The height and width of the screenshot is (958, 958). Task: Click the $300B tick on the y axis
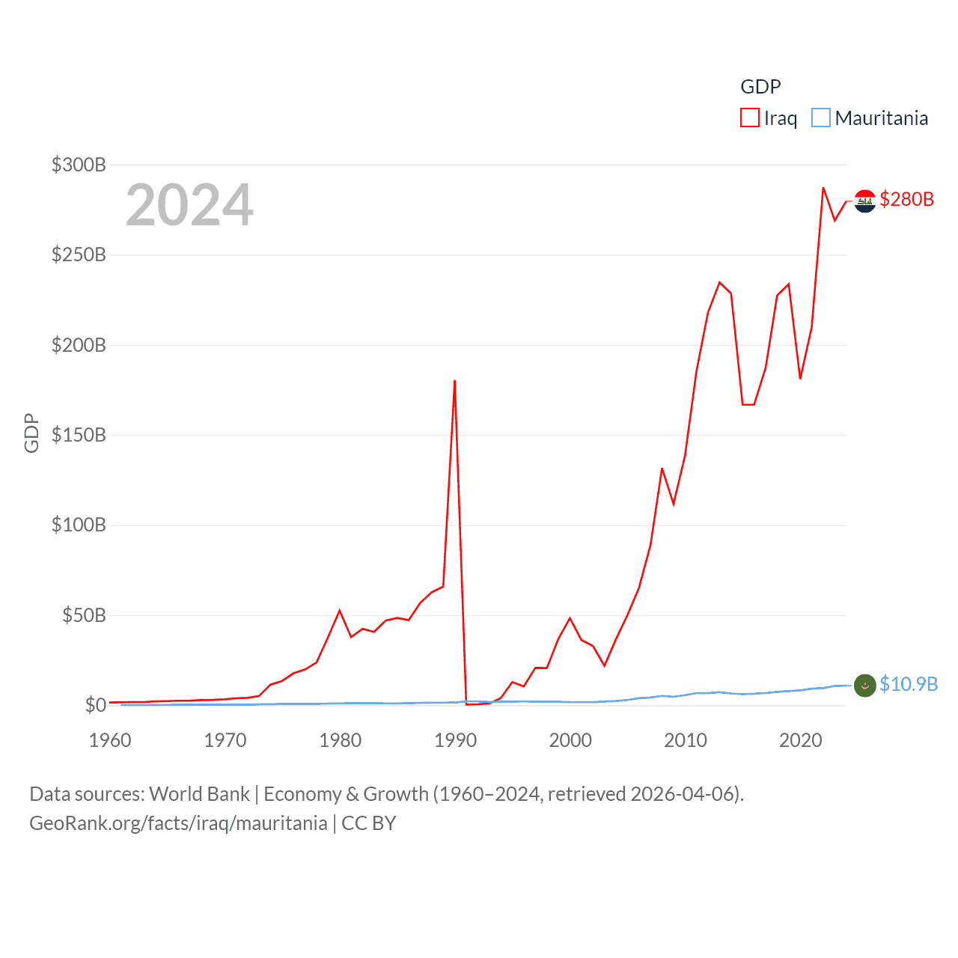(79, 165)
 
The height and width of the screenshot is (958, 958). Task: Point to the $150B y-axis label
(79, 435)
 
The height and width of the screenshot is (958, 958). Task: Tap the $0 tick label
(96, 705)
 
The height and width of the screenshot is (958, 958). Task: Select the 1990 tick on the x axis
(455, 740)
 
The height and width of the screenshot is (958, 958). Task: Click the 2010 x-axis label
(686, 740)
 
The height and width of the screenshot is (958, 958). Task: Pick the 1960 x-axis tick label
(110, 740)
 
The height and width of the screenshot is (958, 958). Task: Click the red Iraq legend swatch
(749, 118)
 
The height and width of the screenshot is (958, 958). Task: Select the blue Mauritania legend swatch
(821, 118)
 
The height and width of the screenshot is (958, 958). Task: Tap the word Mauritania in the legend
(881, 118)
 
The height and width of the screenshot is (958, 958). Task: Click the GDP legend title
(760, 87)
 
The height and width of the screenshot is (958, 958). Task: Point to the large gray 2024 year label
(189, 205)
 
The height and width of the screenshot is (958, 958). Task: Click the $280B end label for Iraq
(906, 199)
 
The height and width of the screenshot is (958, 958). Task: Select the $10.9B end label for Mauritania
(909, 684)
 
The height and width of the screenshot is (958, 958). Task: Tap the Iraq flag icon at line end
(864, 201)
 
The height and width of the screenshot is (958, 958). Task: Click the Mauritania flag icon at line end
(864, 685)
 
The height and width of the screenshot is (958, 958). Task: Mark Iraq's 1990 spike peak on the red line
(454, 381)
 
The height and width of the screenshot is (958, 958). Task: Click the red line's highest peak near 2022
(823, 188)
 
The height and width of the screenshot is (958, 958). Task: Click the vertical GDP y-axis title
(31, 433)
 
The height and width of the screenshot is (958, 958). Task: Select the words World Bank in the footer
(200, 793)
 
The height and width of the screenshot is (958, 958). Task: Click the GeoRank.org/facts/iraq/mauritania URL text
(178, 823)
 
